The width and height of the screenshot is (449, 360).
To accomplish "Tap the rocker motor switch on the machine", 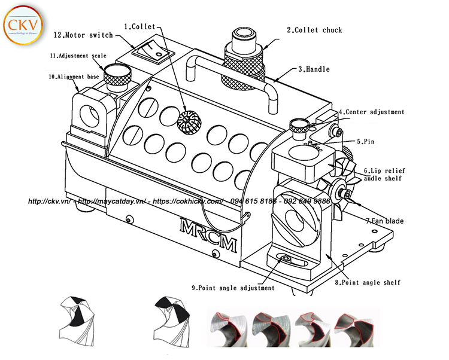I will click(x=153, y=51).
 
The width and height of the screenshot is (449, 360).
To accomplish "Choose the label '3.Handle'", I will click(x=314, y=69).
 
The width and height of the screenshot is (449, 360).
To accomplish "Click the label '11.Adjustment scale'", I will click(x=78, y=56).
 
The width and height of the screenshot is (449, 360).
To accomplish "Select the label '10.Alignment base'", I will click(x=75, y=77).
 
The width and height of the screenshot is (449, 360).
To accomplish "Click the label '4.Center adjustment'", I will click(x=371, y=112).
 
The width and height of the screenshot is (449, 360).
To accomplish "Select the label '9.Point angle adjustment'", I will click(x=233, y=288).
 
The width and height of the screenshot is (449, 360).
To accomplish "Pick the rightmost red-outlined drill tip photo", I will click(x=352, y=328).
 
